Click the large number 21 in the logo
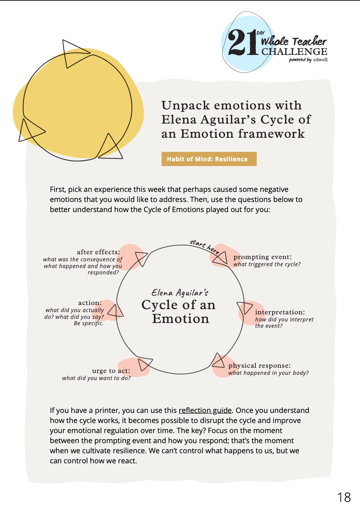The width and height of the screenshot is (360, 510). [x=243, y=43]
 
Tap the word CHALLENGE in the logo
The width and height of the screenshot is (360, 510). [x=294, y=52]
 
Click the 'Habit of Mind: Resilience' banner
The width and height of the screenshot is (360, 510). [x=209, y=159]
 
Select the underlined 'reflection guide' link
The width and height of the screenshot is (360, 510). [x=205, y=410]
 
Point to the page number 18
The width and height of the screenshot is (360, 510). [x=344, y=497]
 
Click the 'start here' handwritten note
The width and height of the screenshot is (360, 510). [x=205, y=246]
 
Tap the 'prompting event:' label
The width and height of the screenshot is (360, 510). [x=263, y=257]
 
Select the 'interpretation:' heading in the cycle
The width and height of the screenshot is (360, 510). [x=280, y=312]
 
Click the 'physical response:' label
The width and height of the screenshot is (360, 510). [x=260, y=366]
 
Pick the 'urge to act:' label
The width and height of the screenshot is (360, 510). [x=111, y=371]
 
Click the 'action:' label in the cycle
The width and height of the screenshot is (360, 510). [x=90, y=303]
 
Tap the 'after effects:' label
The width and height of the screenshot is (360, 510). [x=98, y=252]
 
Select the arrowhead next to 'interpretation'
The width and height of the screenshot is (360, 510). [x=245, y=307]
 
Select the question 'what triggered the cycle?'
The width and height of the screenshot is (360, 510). [x=267, y=264]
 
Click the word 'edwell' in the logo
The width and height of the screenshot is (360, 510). [x=320, y=60]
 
